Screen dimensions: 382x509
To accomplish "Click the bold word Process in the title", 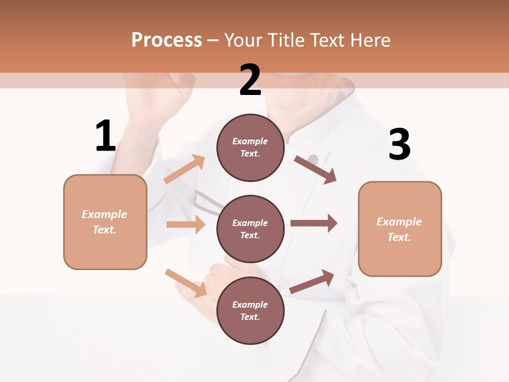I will [x=166, y=40].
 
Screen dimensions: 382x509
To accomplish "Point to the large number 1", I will [x=106, y=136].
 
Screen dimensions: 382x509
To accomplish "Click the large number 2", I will [x=250, y=80].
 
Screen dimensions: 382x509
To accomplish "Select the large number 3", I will [x=399, y=144].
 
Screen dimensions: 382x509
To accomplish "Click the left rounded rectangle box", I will [x=105, y=222].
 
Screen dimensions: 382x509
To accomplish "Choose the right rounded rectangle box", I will [x=400, y=229].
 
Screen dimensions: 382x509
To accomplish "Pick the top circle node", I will [x=250, y=147].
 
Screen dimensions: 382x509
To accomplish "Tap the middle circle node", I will [x=250, y=229].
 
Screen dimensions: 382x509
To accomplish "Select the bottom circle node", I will [x=250, y=310].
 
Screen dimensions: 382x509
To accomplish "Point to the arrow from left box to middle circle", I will [x=186, y=224].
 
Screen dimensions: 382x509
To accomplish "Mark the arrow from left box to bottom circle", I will [x=186, y=283].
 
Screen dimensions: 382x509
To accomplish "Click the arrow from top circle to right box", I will [x=315, y=170].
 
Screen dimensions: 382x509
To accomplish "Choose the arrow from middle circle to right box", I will [x=313, y=223].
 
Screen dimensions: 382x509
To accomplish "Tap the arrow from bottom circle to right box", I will [x=312, y=281].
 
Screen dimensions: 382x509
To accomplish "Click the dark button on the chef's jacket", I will [x=313, y=159].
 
